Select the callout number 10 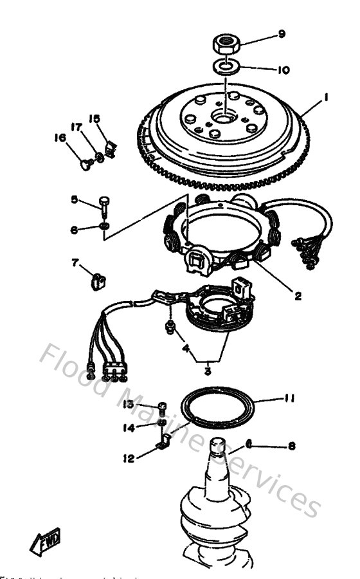pos(281,68)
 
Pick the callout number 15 pos(94,119)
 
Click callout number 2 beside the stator pos(298,297)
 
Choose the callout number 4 pos(186,350)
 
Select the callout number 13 pos(128,404)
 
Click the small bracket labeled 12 pos(163,442)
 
